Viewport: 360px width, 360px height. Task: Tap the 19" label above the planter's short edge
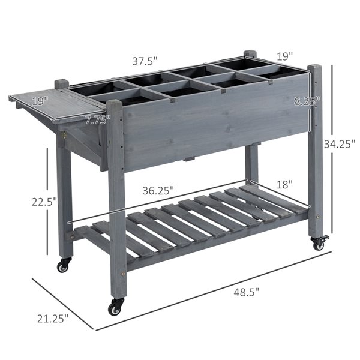284,56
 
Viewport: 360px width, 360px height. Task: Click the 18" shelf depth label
285,184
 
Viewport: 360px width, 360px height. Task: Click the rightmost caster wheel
318,243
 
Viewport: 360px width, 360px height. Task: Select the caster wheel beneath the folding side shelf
63,265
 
